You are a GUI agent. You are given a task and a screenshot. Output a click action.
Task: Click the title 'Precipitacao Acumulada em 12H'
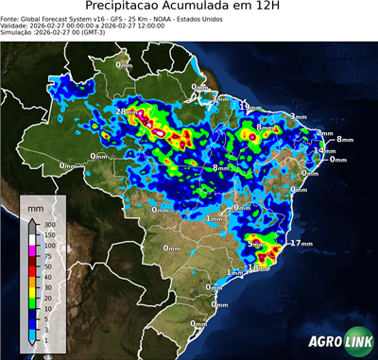(189, 9)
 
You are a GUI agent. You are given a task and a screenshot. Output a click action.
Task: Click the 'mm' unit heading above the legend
(36, 205)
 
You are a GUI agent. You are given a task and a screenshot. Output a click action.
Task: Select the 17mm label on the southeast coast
(301, 243)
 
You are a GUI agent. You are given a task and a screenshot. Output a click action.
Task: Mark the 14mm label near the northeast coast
(324, 150)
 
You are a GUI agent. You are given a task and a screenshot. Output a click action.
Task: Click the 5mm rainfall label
(255, 244)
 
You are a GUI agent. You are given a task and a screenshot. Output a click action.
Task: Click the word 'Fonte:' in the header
(11, 21)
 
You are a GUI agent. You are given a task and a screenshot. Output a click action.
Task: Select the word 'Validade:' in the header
(16, 27)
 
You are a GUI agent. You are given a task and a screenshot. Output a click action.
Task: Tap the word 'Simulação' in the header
(17, 34)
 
